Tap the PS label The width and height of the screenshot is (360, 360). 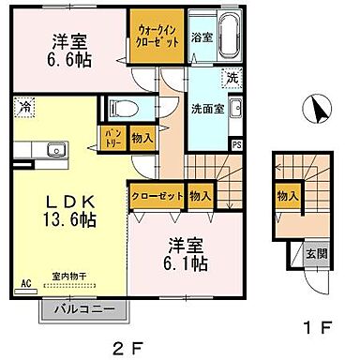click(235, 144)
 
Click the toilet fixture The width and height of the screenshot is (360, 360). click(121, 106)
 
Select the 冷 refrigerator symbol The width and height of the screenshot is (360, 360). click(22, 106)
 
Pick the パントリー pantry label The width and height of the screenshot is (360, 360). click(111, 138)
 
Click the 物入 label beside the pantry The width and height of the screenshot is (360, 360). click(141, 138)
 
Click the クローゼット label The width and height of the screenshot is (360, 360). click(156, 196)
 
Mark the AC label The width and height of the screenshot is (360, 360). click(25, 278)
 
